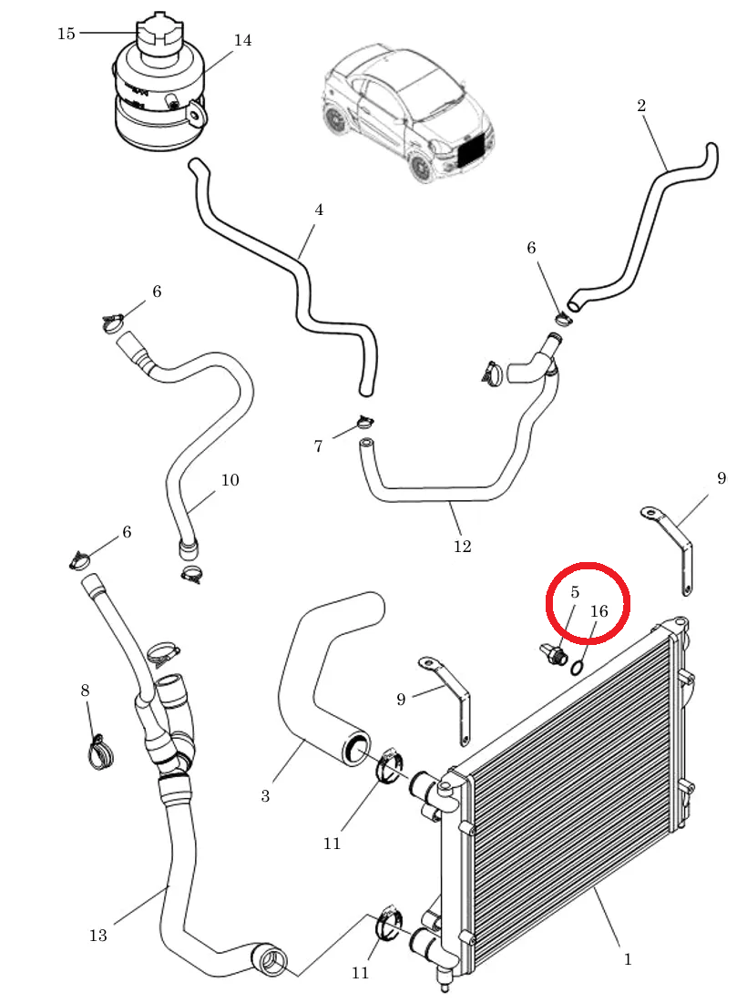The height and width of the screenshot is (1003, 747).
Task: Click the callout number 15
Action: pyautogui.click(x=67, y=34)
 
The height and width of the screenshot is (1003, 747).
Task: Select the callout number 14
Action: pyautogui.click(x=242, y=40)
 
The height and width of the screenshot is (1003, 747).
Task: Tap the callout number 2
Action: pyautogui.click(x=641, y=106)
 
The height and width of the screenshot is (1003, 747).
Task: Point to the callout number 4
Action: pyautogui.click(x=319, y=210)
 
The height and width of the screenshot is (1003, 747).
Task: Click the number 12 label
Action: pyautogui.click(x=463, y=546)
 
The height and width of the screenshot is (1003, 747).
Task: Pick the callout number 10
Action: pyautogui.click(x=230, y=480)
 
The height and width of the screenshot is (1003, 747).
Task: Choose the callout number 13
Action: pyautogui.click(x=97, y=936)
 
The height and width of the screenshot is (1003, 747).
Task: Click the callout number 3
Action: pyautogui.click(x=265, y=795)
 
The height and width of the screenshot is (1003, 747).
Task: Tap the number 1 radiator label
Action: pyautogui.click(x=628, y=959)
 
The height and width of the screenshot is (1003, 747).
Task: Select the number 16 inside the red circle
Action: pyautogui.click(x=599, y=611)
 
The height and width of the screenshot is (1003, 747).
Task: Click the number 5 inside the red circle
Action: pyautogui.click(x=574, y=592)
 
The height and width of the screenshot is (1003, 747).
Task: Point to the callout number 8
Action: pyautogui.click(x=85, y=691)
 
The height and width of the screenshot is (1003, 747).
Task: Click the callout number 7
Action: pyautogui.click(x=319, y=445)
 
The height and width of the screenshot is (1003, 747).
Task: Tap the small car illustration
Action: pyautogui.click(x=407, y=112)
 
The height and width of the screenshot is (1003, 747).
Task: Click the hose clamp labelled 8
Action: pyautogui.click(x=100, y=752)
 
